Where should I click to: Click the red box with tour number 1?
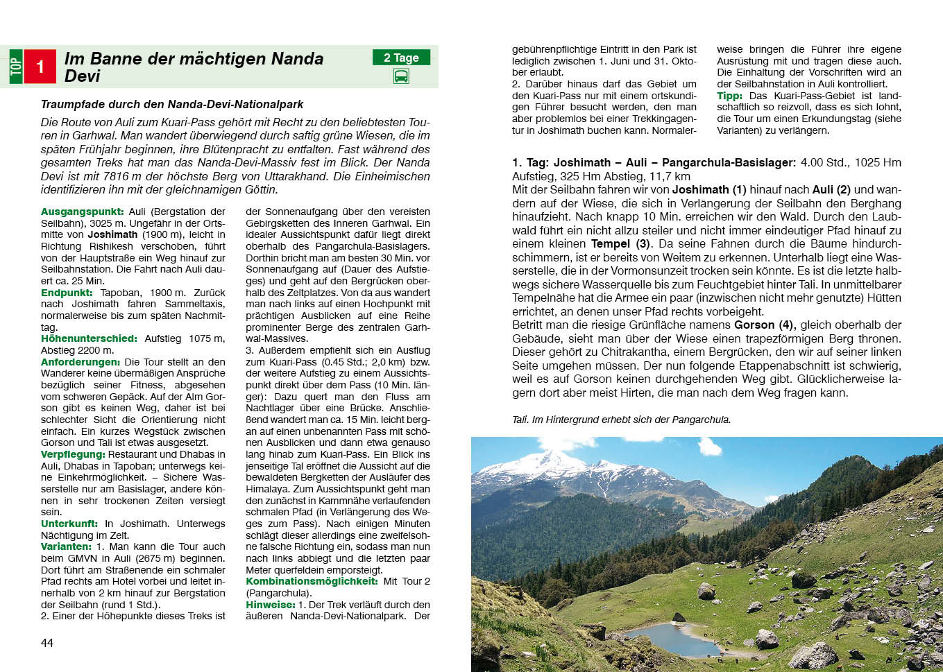tap(40, 67)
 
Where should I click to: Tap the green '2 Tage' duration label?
tap(401, 58)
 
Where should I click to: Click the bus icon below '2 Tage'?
tap(401, 76)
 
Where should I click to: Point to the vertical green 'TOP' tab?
tap(16, 67)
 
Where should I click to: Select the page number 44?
tap(47, 643)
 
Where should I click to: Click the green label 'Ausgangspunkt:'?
tap(82, 212)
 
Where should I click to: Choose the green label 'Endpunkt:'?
tap(67, 293)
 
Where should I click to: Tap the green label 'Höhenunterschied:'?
tap(89, 338)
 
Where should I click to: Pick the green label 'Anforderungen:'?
tap(80, 362)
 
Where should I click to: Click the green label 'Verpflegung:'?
tap(73, 454)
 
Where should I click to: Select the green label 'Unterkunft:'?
tap(69, 524)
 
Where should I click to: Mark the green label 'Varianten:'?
tap(66, 546)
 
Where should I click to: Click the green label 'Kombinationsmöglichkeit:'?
tap(312, 581)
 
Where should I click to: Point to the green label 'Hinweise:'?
tap(271, 605)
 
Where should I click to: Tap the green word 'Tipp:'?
tap(729, 96)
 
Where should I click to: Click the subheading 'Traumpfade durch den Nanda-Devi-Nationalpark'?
tap(172, 104)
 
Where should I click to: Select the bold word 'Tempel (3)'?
tap(621, 244)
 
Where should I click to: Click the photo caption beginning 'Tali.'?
tap(621, 420)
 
